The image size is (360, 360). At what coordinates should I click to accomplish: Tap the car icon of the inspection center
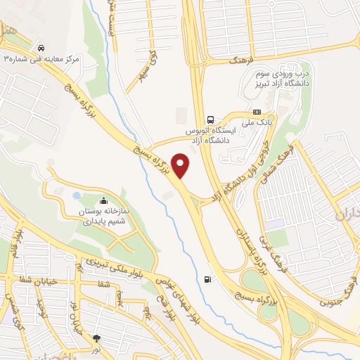tap(44, 44)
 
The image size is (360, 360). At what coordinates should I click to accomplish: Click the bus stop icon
tap(210, 119)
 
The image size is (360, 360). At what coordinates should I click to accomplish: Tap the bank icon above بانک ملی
tap(257, 112)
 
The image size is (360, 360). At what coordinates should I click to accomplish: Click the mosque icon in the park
tap(105, 200)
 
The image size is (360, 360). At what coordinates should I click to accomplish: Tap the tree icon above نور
tap(97, 338)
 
